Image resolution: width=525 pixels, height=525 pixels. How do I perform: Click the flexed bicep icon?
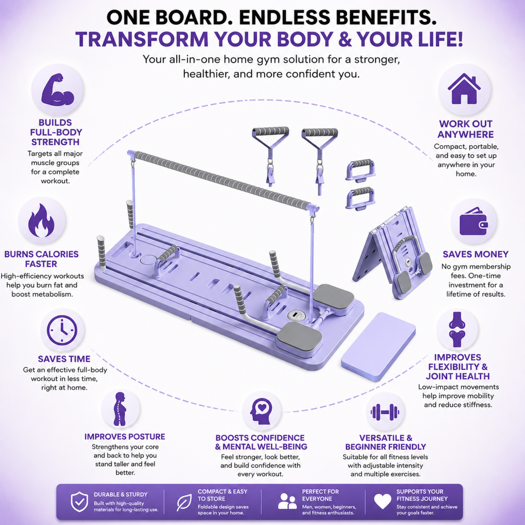point(57,89)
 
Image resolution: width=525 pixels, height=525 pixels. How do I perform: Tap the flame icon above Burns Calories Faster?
point(42,220)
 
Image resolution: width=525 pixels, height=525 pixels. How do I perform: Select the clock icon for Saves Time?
point(62,330)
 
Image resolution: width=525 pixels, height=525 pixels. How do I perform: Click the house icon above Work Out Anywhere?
point(464,89)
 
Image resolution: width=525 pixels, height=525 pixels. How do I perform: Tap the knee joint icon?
point(457,330)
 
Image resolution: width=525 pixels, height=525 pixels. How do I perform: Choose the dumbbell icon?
point(385,412)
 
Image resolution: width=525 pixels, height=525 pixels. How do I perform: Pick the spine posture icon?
point(120,409)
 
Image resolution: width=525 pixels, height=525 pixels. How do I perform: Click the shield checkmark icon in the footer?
point(79,502)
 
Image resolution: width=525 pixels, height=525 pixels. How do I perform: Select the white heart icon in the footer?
point(382,502)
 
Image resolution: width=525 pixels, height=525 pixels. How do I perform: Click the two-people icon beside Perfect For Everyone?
point(287,501)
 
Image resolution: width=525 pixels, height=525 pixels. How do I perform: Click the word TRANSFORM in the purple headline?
point(142,39)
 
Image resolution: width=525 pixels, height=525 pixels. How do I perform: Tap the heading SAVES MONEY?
point(476,254)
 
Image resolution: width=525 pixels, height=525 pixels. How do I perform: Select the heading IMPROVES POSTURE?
point(125,437)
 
